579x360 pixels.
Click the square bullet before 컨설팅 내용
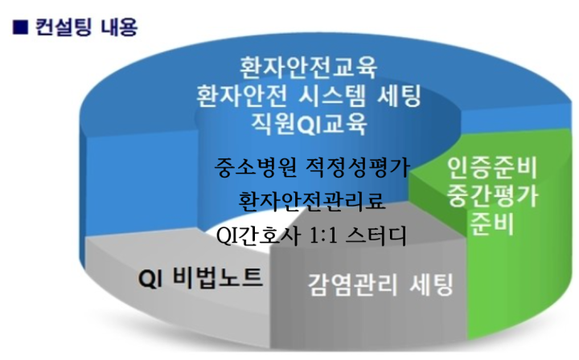[20, 27]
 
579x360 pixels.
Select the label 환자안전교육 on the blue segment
[308, 67]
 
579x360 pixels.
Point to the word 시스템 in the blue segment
[331, 96]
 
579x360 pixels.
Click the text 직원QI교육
[310, 123]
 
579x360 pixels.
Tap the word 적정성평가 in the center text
[358, 167]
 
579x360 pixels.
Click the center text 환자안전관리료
[312, 201]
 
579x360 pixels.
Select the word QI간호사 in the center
[257, 235]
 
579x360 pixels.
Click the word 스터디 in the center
[376, 235]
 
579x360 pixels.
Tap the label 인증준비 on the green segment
[492, 168]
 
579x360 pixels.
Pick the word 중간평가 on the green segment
[493, 195]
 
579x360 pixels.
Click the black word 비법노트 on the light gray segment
[218, 277]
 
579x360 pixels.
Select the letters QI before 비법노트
[150, 279]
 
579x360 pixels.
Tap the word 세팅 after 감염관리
[431, 284]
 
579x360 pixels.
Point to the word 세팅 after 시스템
[399, 96]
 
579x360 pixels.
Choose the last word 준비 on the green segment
[493, 223]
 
